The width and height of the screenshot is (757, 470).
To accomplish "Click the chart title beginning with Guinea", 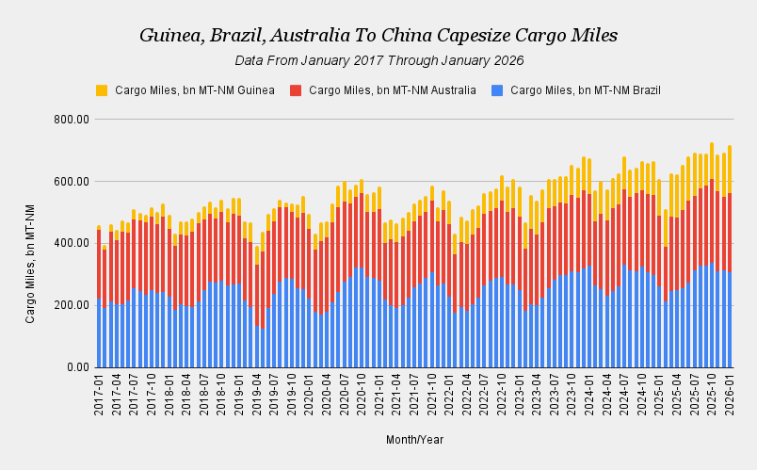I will click(378, 36).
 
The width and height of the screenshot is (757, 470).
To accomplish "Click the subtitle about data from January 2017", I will click(378, 60).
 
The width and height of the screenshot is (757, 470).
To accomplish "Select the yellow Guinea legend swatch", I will click(102, 90).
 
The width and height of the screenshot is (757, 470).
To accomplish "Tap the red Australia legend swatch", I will click(296, 90).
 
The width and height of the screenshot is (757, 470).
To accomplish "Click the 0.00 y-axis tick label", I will click(77, 367).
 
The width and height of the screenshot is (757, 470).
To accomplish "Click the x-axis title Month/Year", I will click(414, 439).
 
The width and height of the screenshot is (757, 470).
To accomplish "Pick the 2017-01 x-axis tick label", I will click(98, 390).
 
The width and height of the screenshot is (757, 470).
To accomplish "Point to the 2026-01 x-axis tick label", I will click(729, 390).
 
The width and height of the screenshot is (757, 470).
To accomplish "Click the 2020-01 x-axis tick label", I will click(308, 390).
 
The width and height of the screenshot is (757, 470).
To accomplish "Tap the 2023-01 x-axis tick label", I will click(519, 390).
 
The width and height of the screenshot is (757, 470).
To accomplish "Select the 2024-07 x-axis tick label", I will click(623, 390).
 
